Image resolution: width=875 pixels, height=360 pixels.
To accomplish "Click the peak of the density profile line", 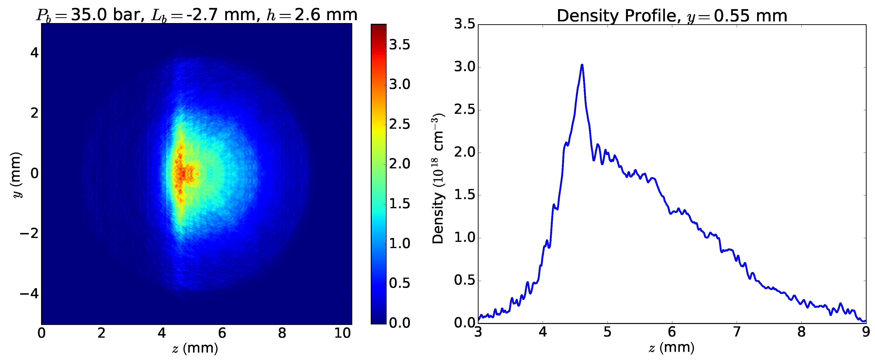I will click(582, 65).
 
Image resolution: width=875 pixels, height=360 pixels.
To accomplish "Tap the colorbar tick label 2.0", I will click(400, 164).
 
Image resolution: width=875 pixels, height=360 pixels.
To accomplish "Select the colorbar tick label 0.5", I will click(400, 283).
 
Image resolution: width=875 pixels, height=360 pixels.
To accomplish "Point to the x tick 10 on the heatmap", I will click(342, 333).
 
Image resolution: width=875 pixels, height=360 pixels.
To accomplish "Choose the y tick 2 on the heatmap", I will click(34, 113).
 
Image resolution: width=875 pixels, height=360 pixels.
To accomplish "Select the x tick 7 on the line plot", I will click(737, 332).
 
